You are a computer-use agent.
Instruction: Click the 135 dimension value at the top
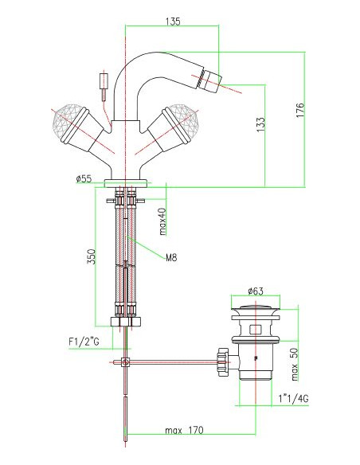click(x=172, y=21)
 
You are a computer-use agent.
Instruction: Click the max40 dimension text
click(x=162, y=221)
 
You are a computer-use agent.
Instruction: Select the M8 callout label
click(x=170, y=257)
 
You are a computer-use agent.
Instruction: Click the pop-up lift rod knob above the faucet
click(x=101, y=80)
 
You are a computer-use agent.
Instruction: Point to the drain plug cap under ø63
click(x=253, y=310)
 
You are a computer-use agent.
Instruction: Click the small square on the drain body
click(x=253, y=328)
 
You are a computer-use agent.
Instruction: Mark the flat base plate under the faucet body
click(x=126, y=183)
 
